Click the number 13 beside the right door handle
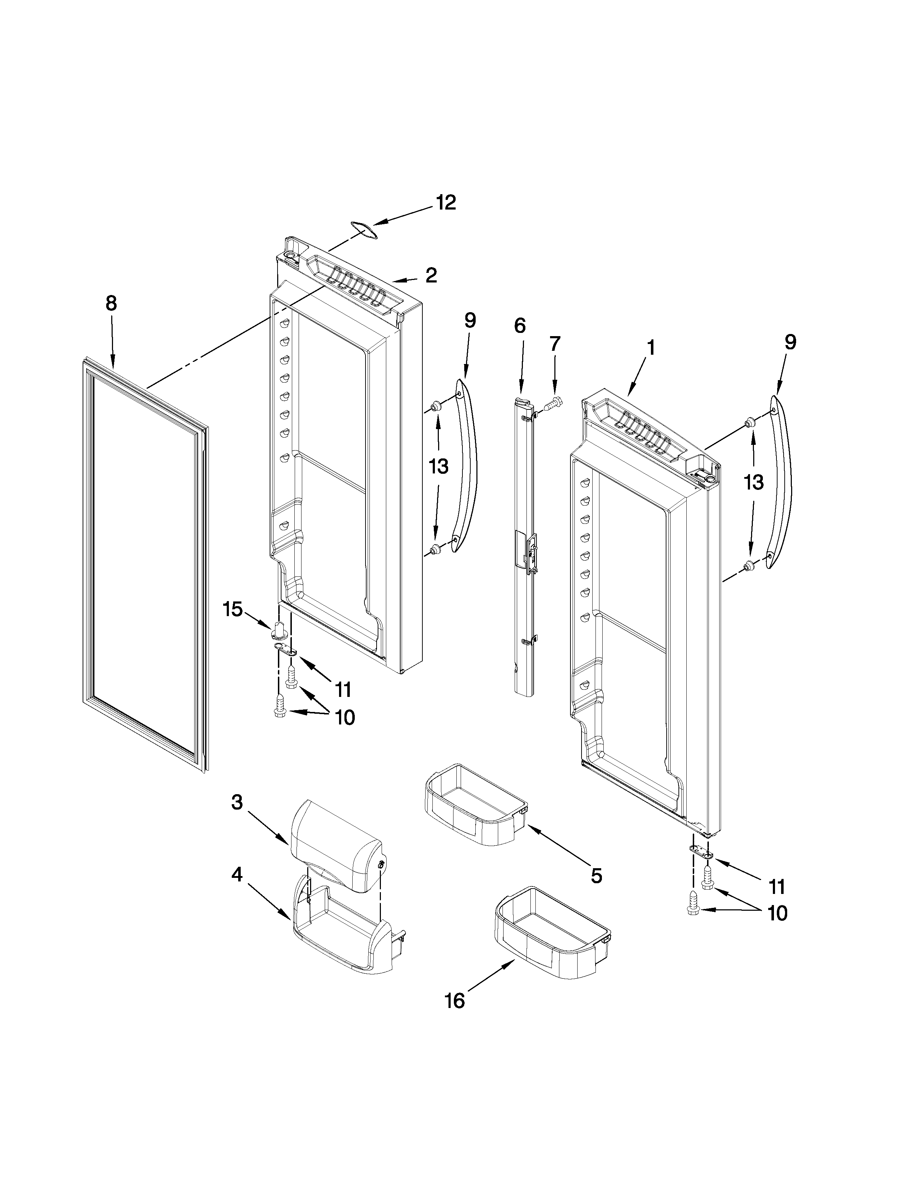click(x=754, y=482)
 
